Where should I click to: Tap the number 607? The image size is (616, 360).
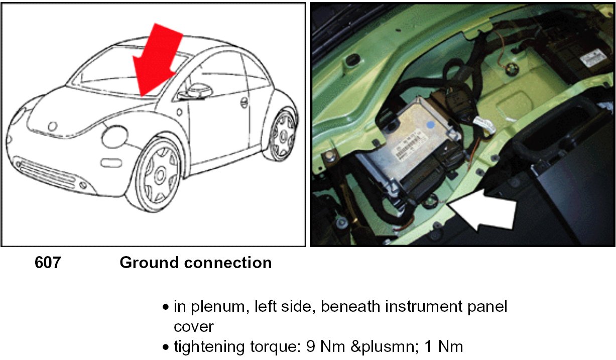(x=48, y=263)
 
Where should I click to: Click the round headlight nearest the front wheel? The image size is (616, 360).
(x=115, y=136)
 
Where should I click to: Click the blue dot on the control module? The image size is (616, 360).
(x=430, y=124)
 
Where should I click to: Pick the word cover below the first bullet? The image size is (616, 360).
(x=194, y=326)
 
